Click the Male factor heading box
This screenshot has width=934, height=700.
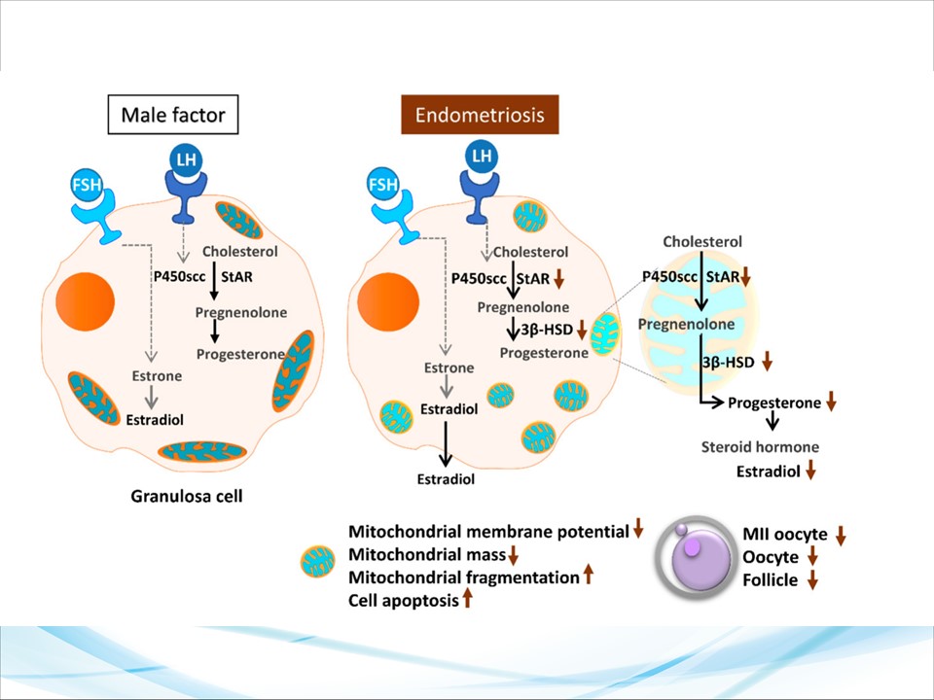173,116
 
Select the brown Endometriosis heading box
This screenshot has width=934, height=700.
480,116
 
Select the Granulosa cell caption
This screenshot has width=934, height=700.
186,497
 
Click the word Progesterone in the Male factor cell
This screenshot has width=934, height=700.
239,354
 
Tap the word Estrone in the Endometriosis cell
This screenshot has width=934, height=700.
449,368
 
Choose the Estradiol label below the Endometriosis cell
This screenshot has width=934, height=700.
445,479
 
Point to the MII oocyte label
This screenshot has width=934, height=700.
785,535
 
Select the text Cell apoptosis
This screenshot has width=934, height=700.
404,601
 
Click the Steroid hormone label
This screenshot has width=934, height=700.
760,447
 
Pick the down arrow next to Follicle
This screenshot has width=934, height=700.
812,580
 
